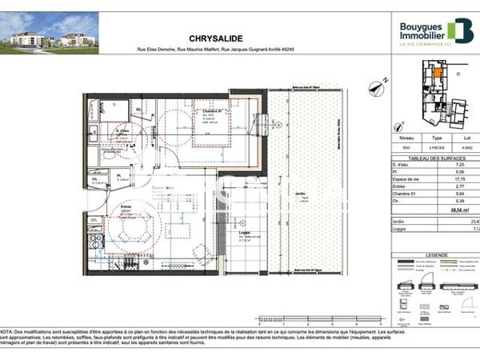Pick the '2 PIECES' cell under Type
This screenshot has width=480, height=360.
coord(438,146)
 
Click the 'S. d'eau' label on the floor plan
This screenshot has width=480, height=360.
coord(123,130)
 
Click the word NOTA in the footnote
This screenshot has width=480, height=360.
coord(6,330)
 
